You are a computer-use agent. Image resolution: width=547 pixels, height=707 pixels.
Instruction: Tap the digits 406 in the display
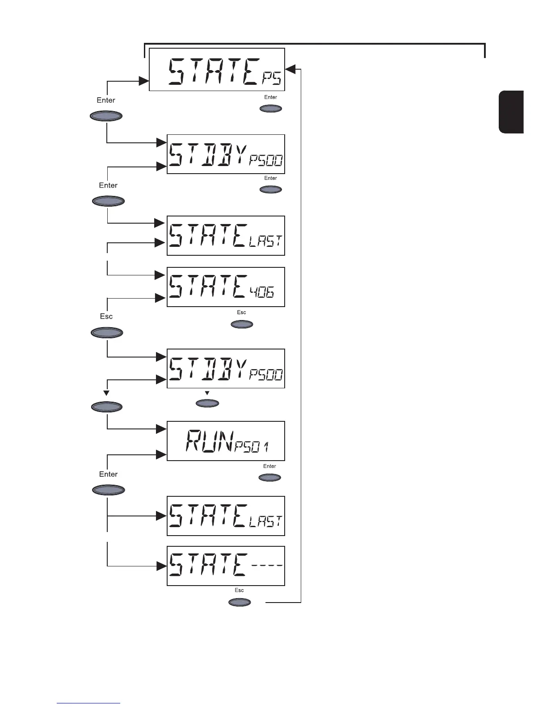[262, 292]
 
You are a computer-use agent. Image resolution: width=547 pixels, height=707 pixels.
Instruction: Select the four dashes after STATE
[266, 566]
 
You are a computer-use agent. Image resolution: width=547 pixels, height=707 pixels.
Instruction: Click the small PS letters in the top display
[272, 79]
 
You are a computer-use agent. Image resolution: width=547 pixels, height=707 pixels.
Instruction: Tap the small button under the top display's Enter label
[271, 108]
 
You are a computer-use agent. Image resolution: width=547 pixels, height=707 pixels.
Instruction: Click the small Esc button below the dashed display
[240, 602]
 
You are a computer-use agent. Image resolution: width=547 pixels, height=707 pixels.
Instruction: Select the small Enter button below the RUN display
[270, 478]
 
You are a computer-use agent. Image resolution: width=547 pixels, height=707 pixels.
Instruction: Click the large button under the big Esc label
[106, 333]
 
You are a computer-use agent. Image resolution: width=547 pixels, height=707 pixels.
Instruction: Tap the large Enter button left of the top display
[106, 116]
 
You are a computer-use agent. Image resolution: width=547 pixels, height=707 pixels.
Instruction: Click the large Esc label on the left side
[106, 316]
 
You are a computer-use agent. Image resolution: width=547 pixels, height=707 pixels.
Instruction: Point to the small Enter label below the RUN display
[269, 466]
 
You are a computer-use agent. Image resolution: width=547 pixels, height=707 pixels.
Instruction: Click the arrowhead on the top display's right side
[290, 69]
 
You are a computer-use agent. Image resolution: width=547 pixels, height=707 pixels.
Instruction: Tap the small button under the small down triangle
[207, 403]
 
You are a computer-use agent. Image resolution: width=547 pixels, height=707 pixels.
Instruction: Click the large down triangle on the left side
[106, 393]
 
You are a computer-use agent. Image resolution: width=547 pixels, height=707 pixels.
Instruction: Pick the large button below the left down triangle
[106, 407]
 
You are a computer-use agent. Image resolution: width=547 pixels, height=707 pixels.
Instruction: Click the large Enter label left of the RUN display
[108, 474]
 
